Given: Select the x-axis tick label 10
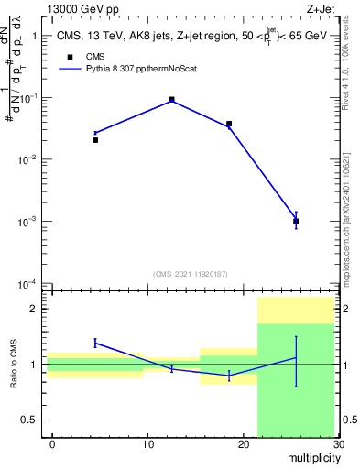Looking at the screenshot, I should click(x=147, y=445).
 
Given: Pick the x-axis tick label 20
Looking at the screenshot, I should click(x=244, y=445).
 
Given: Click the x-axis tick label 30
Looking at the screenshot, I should click(x=338, y=445).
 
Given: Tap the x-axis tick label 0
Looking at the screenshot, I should click(x=52, y=445).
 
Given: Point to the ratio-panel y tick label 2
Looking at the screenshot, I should click(x=34, y=309).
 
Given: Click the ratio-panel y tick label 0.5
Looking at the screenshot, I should click(x=29, y=420).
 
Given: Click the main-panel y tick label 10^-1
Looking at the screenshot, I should click(x=27, y=98).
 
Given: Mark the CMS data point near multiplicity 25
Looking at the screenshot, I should click(x=296, y=221).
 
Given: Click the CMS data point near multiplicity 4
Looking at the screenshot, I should click(x=95, y=140).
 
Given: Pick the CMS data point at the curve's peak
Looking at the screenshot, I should click(x=172, y=99).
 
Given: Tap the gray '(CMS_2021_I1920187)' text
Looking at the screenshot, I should click(x=191, y=274).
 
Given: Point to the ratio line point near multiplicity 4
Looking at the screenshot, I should click(x=95, y=343).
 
